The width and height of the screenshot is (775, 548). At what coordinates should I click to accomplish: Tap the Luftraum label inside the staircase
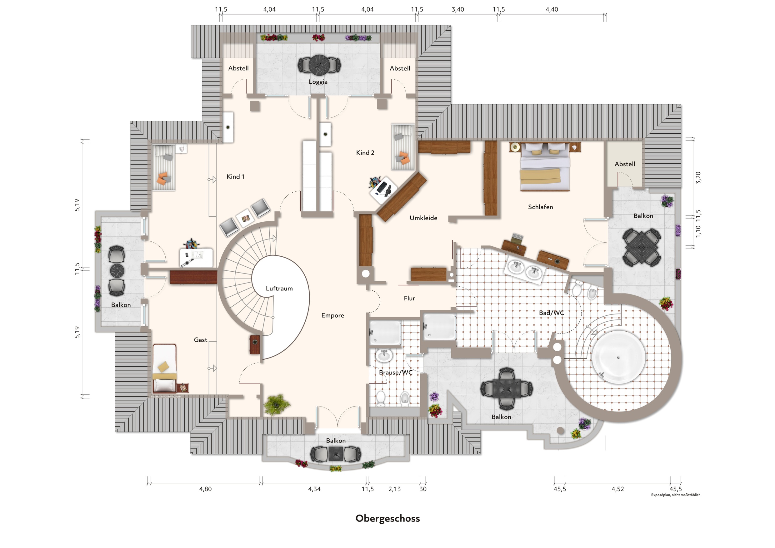(x=279, y=289)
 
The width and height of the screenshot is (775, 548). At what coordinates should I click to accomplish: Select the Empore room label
(x=332, y=315)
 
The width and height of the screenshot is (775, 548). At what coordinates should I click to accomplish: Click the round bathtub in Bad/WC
(x=618, y=357)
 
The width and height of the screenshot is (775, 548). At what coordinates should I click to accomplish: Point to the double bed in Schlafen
(x=545, y=167)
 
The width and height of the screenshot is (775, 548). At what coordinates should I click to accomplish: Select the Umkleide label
(x=423, y=218)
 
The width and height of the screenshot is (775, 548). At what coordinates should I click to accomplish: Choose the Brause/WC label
(x=395, y=373)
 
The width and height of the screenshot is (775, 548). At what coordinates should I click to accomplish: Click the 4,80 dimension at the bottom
(x=205, y=489)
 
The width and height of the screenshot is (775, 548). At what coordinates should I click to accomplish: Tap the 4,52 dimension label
(x=617, y=489)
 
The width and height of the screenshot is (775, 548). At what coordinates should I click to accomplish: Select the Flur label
(x=409, y=298)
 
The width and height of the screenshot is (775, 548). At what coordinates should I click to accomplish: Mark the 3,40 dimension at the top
(x=457, y=9)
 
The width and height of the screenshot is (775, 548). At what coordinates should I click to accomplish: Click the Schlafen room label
(x=540, y=207)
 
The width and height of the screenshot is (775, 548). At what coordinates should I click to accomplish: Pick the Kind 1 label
(x=235, y=176)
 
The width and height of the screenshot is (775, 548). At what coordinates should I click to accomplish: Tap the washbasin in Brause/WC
(x=384, y=356)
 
